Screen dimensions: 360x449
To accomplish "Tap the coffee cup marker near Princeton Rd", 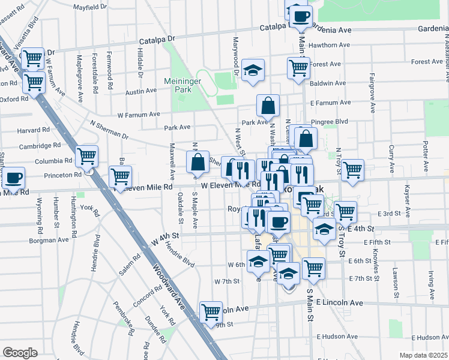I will click(14, 178).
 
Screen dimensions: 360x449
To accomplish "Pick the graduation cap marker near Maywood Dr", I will click(253, 69).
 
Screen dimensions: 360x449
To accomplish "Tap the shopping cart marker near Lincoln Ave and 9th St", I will click(211, 311).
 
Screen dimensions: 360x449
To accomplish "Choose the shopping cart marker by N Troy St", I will click(352, 170).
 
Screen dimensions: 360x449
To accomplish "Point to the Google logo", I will click(20, 353).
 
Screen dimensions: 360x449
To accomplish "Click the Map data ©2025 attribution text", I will click(423, 355).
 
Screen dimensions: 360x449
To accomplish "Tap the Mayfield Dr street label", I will click(89, 7).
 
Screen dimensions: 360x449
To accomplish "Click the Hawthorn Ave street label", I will click(330, 45).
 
